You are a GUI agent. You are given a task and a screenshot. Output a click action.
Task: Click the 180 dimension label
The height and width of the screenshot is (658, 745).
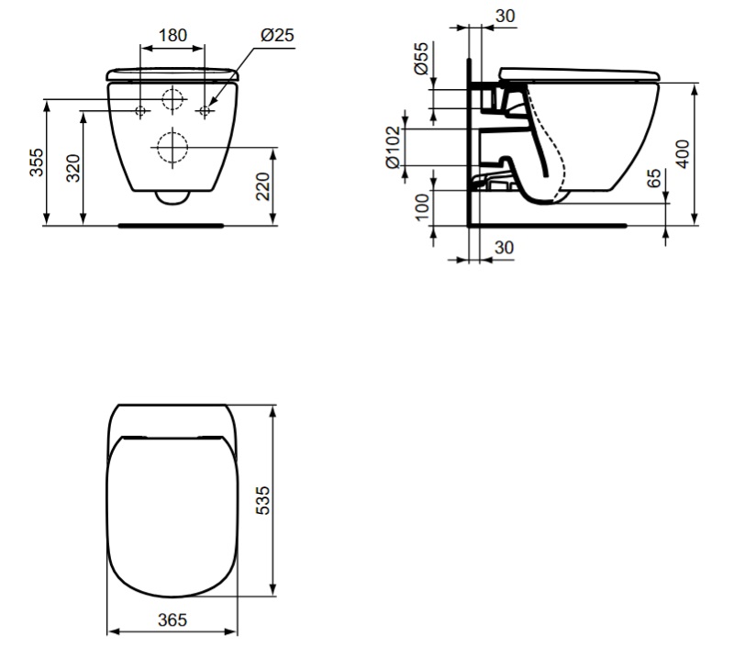click(172, 35)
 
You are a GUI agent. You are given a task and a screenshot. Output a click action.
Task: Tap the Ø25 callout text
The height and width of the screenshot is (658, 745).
click(277, 35)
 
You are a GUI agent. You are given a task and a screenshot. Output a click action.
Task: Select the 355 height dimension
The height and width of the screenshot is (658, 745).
click(36, 162)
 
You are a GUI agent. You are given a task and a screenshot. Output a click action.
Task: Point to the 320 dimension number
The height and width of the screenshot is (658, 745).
click(73, 168)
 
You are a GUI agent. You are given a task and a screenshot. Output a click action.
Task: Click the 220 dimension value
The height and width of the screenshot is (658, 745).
click(262, 186)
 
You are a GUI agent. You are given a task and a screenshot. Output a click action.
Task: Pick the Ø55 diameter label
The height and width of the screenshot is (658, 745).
click(421, 59)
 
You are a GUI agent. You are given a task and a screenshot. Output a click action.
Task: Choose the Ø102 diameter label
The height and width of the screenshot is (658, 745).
click(394, 147)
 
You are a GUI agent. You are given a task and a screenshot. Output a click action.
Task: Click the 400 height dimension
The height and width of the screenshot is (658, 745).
click(683, 153)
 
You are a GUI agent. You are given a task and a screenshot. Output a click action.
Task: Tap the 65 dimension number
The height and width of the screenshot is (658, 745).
click(654, 178)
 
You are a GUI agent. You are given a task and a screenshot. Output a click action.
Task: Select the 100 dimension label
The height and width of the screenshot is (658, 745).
click(422, 207)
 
